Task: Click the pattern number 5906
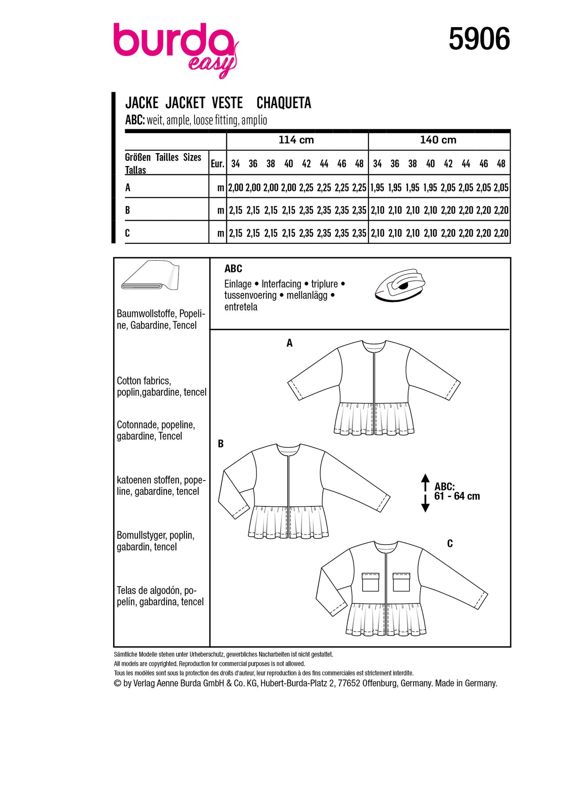click(479, 39)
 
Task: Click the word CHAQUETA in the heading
click(284, 103)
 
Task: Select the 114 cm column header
click(296, 140)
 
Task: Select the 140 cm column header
click(438, 140)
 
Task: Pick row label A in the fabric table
click(128, 188)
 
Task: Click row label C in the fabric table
click(128, 233)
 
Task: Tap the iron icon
click(400, 285)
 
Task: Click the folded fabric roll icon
click(150, 275)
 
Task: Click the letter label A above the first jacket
click(289, 343)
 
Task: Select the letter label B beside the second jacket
click(221, 444)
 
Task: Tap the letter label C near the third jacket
click(450, 543)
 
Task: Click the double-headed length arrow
click(425, 493)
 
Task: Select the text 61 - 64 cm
click(457, 496)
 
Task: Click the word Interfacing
click(281, 284)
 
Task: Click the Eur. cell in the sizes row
click(217, 164)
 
